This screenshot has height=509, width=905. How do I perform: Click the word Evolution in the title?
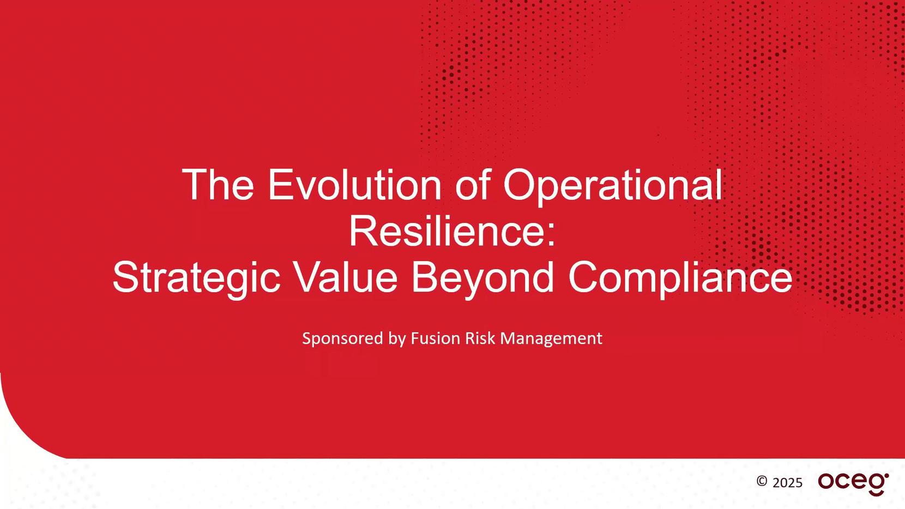354,185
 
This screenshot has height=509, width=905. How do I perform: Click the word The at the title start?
218,185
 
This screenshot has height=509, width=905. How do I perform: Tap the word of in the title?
472,185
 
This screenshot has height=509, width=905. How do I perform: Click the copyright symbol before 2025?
762,481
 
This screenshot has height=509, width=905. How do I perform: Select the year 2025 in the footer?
787,483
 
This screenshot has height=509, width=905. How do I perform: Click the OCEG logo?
853,483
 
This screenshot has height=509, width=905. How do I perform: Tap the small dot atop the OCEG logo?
886,475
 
